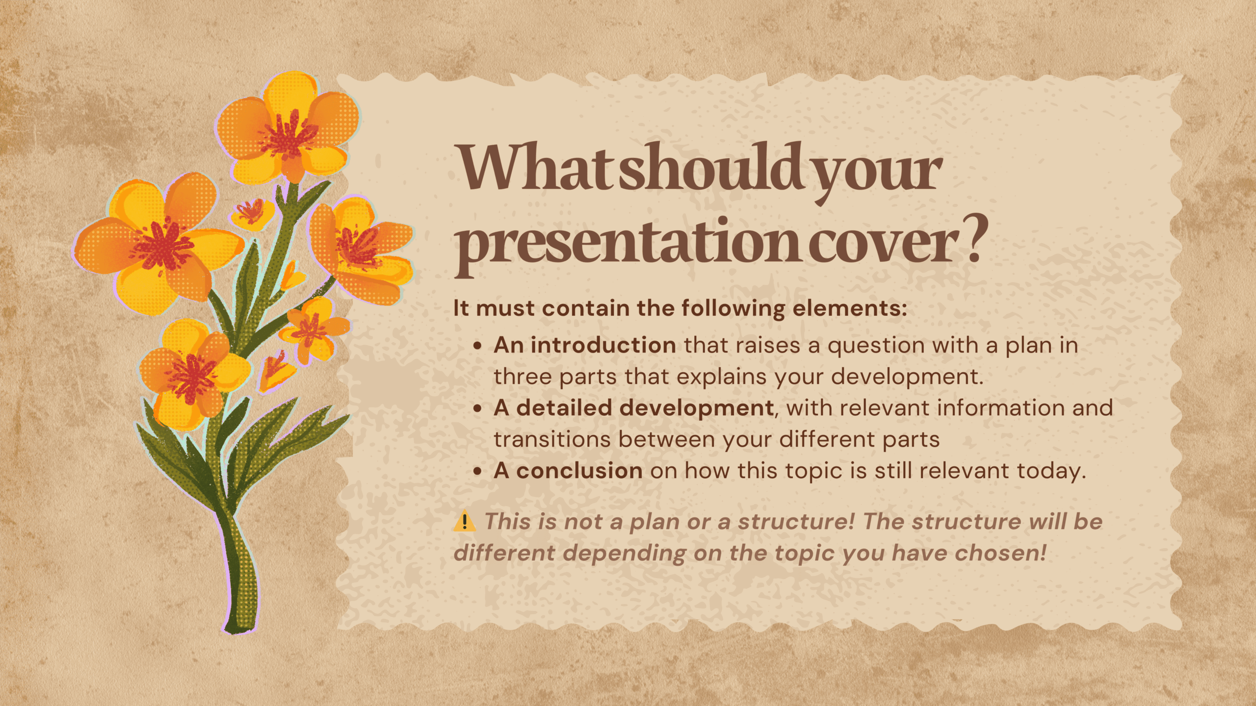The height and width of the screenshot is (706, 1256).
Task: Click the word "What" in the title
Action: pyautogui.click(x=535, y=167)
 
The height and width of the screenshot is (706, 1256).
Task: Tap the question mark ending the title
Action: pyautogui.click(x=973, y=238)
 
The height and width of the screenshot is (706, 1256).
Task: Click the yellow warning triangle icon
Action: pyautogui.click(x=464, y=521)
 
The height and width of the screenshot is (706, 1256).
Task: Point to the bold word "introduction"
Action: pyautogui.click(x=603, y=345)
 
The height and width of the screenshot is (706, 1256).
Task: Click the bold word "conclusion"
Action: pyautogui.click(x=579, y=471)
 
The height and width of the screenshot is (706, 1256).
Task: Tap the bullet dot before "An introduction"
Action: pyautogui.click(x=477, y=346)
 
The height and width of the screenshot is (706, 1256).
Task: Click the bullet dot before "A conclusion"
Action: pyautogui.click(x=477, y=471)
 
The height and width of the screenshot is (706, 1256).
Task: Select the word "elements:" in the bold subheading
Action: pyautogui.click(x=850, y=308)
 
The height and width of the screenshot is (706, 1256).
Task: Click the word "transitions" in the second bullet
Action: pyautogui.click(x=552, y=439)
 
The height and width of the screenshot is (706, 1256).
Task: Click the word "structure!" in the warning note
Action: pyautogui.click(x=796, y=522)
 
